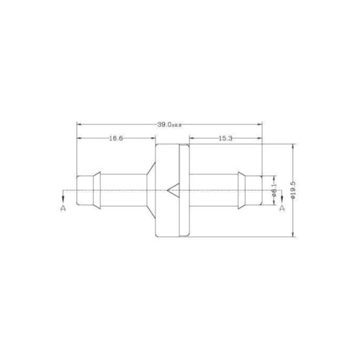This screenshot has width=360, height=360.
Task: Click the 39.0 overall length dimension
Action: [x=166, y=125]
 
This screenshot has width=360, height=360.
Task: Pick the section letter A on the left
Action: [x=63, y=208]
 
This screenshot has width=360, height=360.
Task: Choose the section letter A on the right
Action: [x=282, y=208]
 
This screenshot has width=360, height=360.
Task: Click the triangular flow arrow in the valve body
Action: [x=172, y=191]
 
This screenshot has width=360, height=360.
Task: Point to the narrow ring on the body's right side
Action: [x=184, y=191]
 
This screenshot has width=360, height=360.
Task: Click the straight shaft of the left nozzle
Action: [x=119, y=191]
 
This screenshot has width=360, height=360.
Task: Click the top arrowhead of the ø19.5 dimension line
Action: [x=293, y=145]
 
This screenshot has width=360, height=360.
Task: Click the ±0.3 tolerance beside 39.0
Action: [x=178, y=125]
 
